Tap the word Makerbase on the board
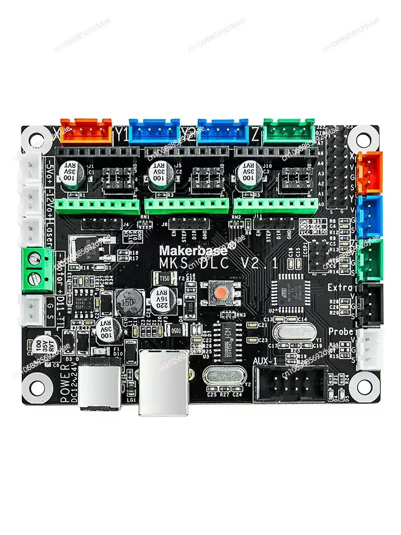point(193,249)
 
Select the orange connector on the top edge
point(86,131)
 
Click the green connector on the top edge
point(289,130)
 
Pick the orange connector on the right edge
point(369,172)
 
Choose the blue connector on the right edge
point(369,216)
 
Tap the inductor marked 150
point(128,301)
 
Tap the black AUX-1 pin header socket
point(289,384)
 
